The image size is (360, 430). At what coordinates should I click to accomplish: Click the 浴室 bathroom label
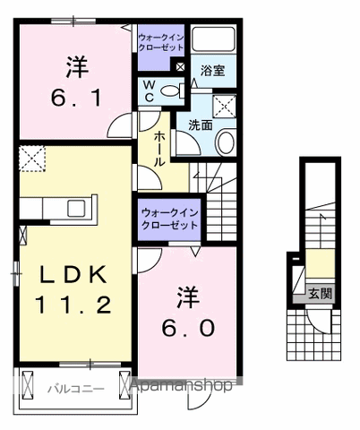(211, 68)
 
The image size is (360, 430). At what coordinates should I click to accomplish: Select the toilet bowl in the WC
(174, 89)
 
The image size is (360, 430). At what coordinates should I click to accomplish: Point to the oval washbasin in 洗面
(227, 140)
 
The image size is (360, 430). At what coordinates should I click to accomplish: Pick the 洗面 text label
(200, 125)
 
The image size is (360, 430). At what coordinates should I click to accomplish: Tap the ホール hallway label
(159, 149)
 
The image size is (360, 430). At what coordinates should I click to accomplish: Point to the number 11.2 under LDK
(73, 305)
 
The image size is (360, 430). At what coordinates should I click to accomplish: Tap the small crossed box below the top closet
(179, 65)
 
